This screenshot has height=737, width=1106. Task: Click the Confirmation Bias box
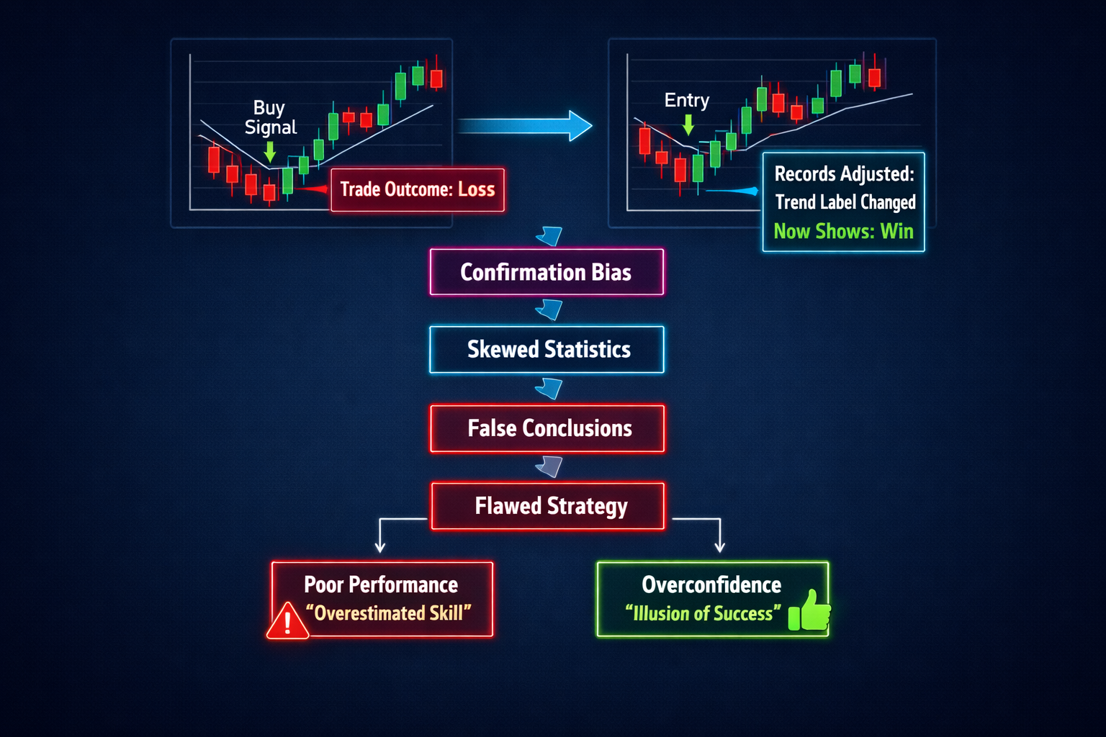point(546,272)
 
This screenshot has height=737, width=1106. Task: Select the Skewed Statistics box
point(547,350)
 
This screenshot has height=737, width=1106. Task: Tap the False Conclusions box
point(547,428)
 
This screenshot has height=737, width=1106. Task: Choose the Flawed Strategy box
point(548,506)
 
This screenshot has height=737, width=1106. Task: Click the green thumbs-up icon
point(809,611)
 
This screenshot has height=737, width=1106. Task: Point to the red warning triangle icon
point(287,622)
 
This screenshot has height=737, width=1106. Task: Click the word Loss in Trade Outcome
point(476,189)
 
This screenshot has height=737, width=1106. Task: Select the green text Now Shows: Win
point(843,231)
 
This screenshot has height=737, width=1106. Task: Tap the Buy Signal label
point(270,117)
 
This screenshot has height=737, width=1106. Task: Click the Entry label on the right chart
point(686,100)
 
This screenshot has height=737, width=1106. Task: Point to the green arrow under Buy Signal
point(269,151)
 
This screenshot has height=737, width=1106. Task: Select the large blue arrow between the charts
point(526,126)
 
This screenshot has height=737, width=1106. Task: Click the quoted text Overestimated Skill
point(388,613)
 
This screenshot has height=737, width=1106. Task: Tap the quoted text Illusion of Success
point(703,613)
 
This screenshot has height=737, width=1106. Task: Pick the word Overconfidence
point(711,584)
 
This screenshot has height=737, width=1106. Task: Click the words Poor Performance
point(381,584)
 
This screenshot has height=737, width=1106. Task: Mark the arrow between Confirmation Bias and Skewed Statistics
point(549,310)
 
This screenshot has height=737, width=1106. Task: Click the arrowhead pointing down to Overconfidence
point(719,546)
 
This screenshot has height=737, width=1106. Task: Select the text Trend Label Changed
point(845,202)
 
